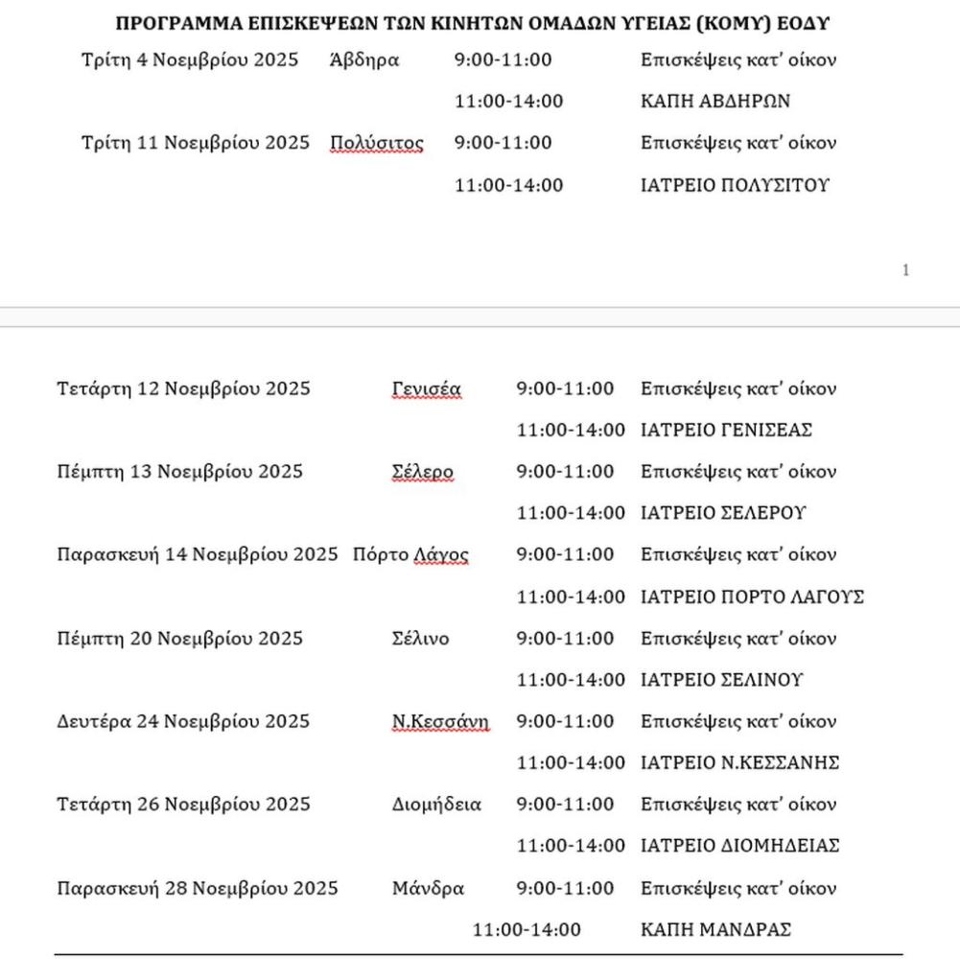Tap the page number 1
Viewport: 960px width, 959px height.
click(x=905, y=271)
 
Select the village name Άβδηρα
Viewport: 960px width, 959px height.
click(x=363, y=60)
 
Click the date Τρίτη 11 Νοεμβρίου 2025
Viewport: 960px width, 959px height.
click(x=196, y=143)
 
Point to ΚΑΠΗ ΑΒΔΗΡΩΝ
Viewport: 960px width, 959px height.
click(x=715, y=102)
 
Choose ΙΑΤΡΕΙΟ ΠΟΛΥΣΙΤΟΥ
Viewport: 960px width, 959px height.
click(x=735, y=185)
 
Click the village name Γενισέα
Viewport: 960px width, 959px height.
click(x=426, y=389)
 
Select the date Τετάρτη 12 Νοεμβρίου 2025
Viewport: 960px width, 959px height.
click(x=183, y=389)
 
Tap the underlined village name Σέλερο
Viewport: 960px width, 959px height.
click(x=422, y=472)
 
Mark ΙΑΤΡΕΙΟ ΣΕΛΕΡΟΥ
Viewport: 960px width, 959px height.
click(x=723, y=513)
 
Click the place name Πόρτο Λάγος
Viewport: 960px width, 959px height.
click(x=410, y=555)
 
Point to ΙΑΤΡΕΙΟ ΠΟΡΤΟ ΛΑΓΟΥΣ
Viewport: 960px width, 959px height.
click(x=752, y=596)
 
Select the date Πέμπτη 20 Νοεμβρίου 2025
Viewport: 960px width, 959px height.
click(x=179, y=639)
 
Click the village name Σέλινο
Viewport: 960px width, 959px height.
click(x=420, y=639)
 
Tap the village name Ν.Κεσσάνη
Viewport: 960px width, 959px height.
click(x=440, y=722)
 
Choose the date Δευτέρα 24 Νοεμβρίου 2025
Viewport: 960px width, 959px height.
click(x=183, y=722)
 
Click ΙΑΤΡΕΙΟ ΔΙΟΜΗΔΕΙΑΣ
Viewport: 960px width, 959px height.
click(x=739, y=846)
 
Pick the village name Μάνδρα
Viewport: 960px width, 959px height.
click(x=428, y=889)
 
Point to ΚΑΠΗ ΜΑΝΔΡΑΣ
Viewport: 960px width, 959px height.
click(x=715, y=930)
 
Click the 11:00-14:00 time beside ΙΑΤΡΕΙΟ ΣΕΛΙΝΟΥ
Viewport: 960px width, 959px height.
click(x=571, y=680)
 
